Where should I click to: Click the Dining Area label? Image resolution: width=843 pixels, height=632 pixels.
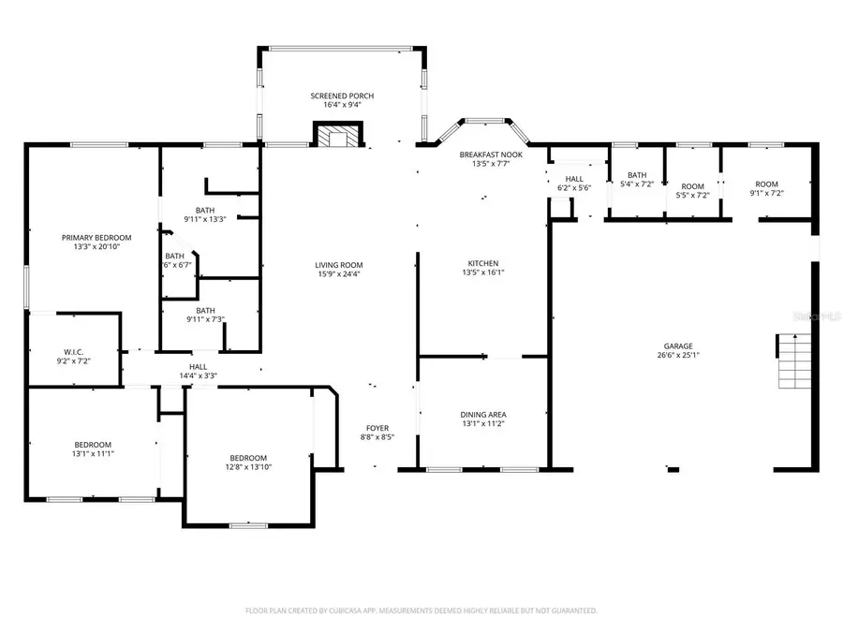[483, 414]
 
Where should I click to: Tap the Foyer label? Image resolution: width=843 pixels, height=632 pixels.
[377, 428]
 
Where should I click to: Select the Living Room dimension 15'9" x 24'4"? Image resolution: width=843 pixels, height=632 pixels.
[338, 274]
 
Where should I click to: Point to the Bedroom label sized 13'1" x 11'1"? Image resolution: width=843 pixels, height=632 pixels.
[93, 444]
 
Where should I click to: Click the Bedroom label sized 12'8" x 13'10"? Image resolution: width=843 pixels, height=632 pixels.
[248, 458]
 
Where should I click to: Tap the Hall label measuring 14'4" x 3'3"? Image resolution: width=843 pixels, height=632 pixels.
[198, 367]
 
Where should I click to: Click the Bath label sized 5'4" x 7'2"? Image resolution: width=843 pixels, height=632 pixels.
[637, 175]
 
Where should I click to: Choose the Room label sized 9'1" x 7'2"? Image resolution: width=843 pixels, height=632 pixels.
[767, 184]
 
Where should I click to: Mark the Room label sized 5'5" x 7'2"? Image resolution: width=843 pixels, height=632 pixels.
[692, 186]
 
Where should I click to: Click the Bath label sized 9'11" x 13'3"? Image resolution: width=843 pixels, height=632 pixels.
[205, 210]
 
